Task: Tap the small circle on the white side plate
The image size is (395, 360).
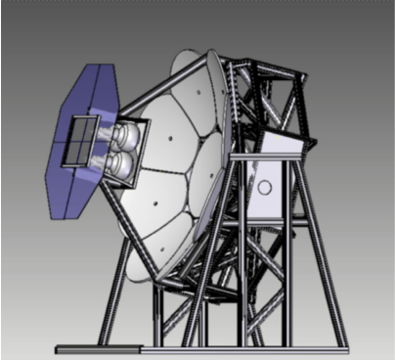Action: (263, 187)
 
